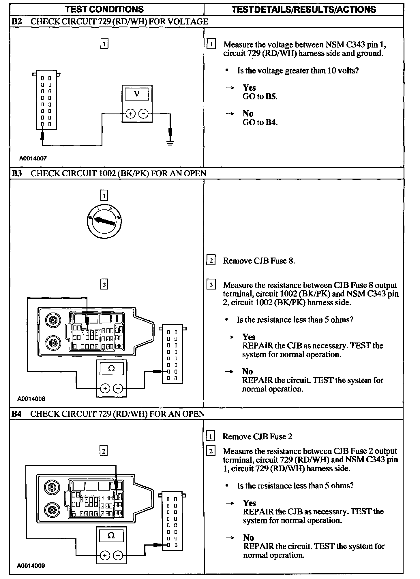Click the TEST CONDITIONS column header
pos(104,9)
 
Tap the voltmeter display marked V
pos(137,94)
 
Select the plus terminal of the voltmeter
pos(131,114)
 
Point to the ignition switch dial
pos(104,221)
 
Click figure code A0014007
pos(33,158)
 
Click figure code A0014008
pos(31,399)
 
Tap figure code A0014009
pos(31,565)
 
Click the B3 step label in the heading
pos(17,173)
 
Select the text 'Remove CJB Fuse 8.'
pos(259,261)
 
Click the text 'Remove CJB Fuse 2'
pos(257,436)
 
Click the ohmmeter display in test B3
pos(111,369)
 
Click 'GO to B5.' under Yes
pos(260,96)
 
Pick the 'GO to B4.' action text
pos(260,122)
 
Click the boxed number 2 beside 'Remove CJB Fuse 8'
pos(211,261)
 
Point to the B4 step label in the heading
pos(17,414)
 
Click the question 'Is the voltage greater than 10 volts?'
pos(298,71)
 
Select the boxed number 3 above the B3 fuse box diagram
pos(104,285)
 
